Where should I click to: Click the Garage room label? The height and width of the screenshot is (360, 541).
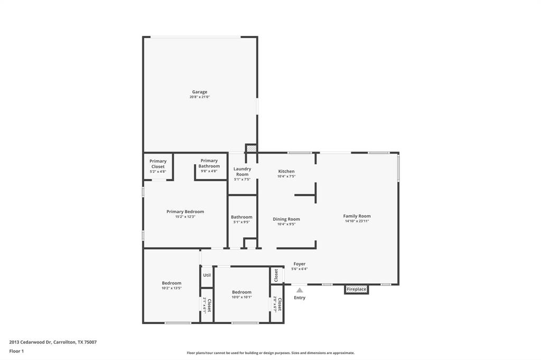(199, 92)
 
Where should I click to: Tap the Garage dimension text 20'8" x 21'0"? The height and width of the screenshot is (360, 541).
(200, 97)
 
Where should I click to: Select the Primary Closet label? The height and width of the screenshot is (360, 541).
(157, 164)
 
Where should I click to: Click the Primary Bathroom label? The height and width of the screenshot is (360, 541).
(209, 163)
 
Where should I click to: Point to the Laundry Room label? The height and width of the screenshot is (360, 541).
(242, 172)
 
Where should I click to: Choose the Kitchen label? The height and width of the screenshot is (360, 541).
(286, 172)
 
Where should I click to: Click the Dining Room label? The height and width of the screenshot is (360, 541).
(286, 219)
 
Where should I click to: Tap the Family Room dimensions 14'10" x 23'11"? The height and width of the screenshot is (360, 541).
(357, 221)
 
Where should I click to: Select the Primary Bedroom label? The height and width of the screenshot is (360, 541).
(185, 212)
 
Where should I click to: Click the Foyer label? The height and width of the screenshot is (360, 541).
(299, 264)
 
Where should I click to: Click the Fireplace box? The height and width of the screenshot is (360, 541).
(356, 289)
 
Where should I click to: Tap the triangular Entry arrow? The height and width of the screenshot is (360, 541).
(300, 290)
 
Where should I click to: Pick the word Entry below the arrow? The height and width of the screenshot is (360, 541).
(300, 298)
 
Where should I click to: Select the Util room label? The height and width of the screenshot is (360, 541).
(207, 275)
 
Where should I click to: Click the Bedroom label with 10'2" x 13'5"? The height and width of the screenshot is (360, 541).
(171, 283)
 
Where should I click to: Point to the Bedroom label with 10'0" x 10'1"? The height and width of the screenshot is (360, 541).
(241, 292)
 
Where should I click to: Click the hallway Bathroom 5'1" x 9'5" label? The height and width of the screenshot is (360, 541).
(241, 217)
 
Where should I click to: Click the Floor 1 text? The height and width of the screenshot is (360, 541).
(16, 351)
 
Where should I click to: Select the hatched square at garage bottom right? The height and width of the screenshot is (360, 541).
(251, 149)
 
